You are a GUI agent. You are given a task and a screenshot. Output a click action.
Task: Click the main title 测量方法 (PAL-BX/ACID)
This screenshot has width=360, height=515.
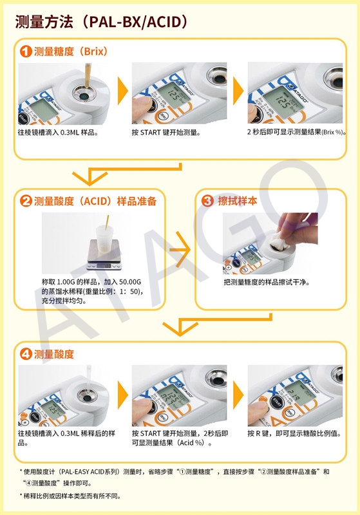tap(102, 22)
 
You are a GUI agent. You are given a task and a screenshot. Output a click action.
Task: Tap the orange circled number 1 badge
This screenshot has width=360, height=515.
tap(25, 51)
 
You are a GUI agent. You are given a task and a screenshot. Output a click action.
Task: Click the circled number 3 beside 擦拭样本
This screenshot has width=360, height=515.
tap(207, 201)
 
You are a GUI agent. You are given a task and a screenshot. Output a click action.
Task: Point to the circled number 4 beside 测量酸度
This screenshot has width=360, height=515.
tap(25, 353)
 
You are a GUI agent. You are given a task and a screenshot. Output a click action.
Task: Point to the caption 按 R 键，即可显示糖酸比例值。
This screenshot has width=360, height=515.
tap(294, 434)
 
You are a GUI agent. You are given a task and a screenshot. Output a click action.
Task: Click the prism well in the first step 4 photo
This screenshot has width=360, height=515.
tap(83, 395)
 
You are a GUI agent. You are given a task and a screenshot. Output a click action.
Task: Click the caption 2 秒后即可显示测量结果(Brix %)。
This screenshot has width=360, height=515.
tap(296, 132)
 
